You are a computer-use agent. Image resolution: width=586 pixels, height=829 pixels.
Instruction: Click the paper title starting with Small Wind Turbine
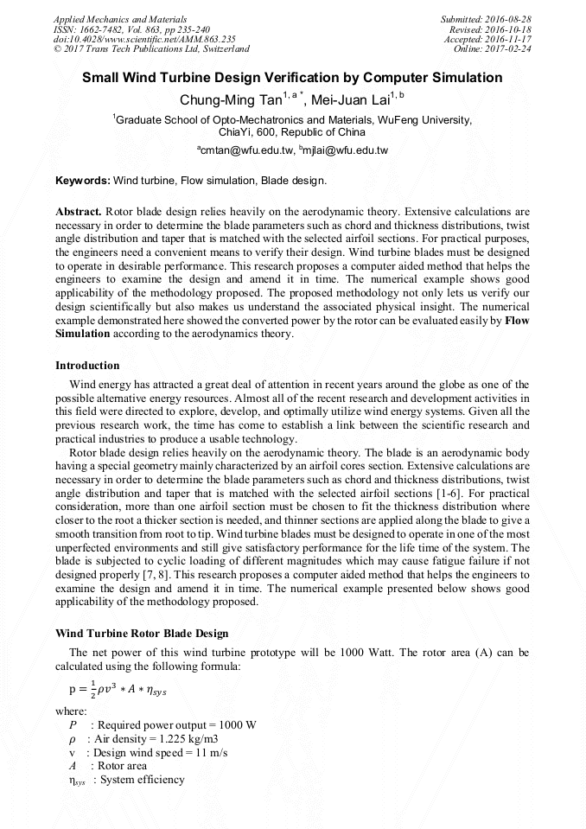(292, 78)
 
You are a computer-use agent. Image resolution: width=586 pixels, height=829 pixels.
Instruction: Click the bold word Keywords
(83, 181)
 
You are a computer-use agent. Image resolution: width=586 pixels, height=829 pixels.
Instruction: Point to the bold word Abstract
(79, 211)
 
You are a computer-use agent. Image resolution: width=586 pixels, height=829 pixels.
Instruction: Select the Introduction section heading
(87, 366)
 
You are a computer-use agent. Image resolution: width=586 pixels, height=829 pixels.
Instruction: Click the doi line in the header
(144, 39)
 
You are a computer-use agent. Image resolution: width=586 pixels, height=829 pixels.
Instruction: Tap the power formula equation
(115, 689)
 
